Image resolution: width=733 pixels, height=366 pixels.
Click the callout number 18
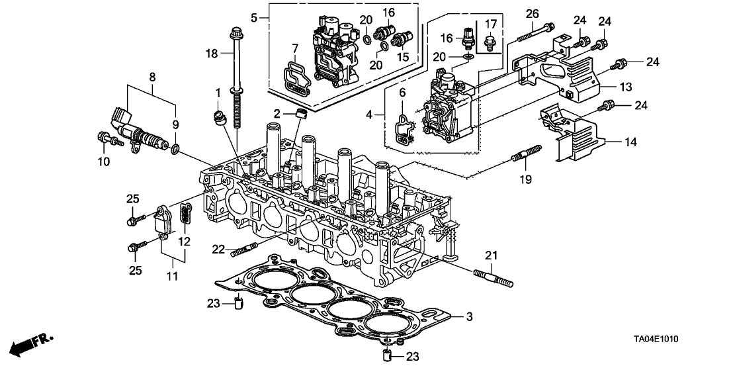(211, 53)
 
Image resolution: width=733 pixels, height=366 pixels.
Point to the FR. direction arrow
(30, 343)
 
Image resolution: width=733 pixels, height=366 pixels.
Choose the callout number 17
(490, 25)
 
